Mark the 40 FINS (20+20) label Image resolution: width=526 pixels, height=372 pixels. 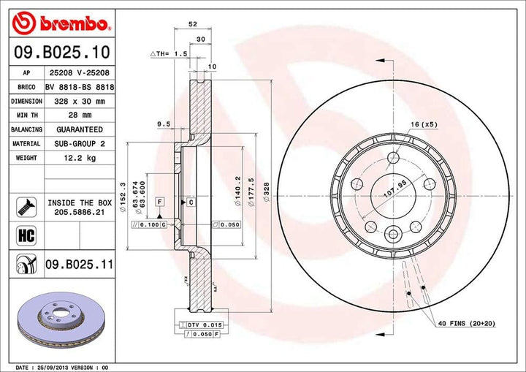pos(468,323)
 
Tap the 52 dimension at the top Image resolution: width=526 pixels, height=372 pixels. pos(193,24)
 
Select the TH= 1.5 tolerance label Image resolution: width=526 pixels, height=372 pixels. pos(169,54)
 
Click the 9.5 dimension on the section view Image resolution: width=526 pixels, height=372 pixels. pos(164,124)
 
